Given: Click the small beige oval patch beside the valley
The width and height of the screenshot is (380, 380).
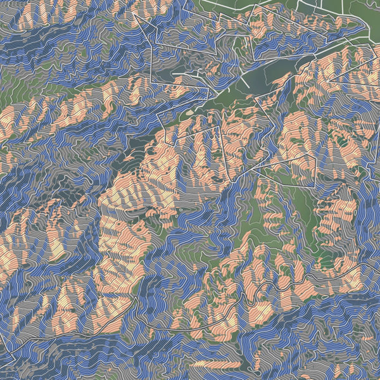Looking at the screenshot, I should click(x=189, y=112).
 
